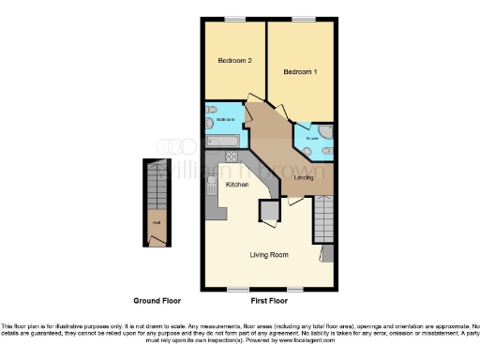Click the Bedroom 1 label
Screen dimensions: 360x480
pos(301,71)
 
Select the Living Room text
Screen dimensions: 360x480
pos(268,254)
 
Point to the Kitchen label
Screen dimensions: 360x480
pos(237,186)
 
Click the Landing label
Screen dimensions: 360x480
pos(304,177)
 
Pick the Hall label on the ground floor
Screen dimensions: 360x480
pos(156,223)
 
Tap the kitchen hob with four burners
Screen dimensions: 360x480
pos(232,157)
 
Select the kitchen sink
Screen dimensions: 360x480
pos(213,182)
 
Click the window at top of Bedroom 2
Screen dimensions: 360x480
pos(235,19)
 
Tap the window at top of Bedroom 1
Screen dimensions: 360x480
pos(302,19)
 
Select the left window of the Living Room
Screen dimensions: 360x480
pos(239,286)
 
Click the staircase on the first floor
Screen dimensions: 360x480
pos(322,221)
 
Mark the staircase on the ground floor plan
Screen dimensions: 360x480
pos(155,192)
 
